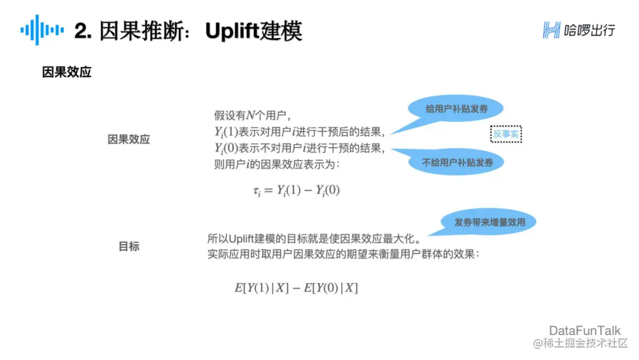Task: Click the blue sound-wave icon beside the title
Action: tap(42, 30)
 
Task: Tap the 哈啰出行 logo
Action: tap(579, 30)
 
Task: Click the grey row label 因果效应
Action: tap(129, 140)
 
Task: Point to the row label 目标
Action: tap(129, 246)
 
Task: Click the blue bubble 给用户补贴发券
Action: tap(456, 110)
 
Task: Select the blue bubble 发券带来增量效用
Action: tap(489, 223)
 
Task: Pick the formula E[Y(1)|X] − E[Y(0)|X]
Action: tap(296, 288)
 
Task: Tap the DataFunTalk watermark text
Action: tap(585, 330)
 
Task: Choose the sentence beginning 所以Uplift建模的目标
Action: tap(314, 239)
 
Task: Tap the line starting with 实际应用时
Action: tap(343, 255)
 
